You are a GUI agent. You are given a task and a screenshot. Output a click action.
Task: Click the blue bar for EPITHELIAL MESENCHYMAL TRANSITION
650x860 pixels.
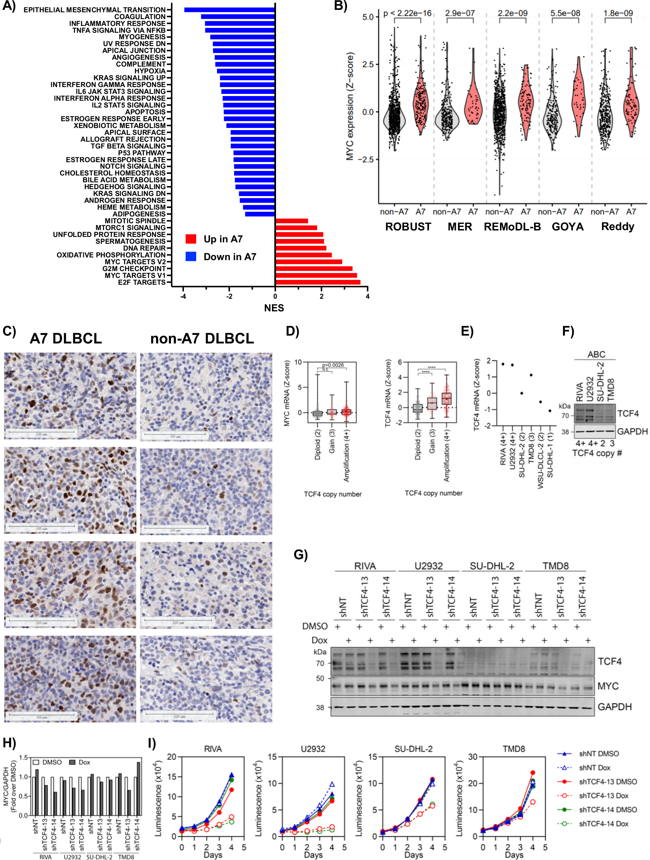229,10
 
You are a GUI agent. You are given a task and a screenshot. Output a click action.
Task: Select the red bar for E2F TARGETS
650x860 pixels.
317,282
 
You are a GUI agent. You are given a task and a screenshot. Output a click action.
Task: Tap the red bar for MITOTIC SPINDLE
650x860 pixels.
291,221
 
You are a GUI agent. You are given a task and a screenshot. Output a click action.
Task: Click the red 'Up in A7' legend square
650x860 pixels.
191,239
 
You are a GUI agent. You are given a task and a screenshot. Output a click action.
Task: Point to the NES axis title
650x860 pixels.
274,308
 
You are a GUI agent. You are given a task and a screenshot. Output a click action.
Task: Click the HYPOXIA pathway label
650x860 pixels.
150,71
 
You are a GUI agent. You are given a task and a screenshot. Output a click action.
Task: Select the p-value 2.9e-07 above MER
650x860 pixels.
460,13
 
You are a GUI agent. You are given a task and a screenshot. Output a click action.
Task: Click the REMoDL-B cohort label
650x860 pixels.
512,227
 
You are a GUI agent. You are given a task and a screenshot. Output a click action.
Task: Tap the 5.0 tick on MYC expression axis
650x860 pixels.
367,17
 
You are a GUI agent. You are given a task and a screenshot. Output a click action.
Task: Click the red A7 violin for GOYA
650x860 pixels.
578,97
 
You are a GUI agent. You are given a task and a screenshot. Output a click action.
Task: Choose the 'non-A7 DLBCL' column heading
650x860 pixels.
202,338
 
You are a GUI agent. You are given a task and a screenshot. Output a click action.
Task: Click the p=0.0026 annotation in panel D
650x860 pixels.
333,365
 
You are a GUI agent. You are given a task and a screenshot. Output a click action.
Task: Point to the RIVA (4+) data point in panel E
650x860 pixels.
503,364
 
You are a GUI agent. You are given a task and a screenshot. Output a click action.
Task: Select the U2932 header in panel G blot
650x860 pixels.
429,566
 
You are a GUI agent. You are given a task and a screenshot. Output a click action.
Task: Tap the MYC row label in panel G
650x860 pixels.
608,686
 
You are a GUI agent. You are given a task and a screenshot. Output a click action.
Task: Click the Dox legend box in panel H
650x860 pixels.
72,762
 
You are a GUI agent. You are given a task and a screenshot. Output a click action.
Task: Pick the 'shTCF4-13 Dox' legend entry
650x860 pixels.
603,795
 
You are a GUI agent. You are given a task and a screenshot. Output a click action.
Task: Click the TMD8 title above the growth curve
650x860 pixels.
514,748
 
